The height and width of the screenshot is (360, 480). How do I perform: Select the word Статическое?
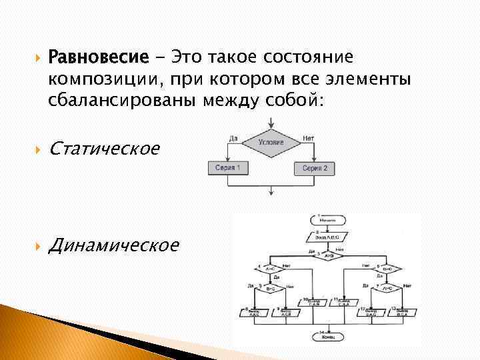click(x=105, y=148)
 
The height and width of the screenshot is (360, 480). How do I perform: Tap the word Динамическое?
click(x=114, y=245)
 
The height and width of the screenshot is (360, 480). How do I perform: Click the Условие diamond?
click(x=271, y=142)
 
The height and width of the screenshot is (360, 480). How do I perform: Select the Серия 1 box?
click(x=227, y=167)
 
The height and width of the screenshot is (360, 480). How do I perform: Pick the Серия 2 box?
click(x=315, y=168)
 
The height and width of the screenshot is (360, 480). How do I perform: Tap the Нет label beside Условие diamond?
click(x=308, y=137)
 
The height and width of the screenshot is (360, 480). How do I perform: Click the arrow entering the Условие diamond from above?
click(x=271, y=123)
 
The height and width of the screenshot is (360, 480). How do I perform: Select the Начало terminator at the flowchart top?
click(x=327, y=219)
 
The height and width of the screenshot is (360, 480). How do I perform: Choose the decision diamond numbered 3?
click(x=327, y=255)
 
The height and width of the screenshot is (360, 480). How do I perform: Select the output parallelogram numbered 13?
click(x=402, y=311)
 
